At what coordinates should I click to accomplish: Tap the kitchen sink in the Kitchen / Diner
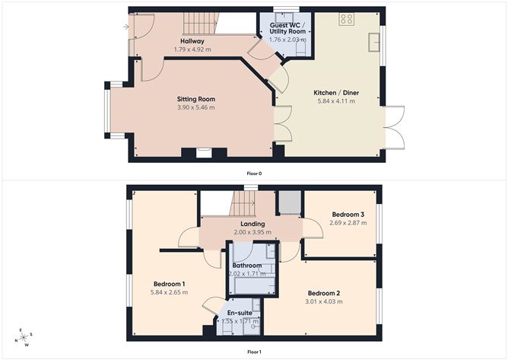coord(374,41)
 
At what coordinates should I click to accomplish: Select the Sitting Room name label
coord(196,99)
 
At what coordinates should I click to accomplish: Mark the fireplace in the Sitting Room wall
coord(203,153)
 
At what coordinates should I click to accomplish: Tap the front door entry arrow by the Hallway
coord(124,27)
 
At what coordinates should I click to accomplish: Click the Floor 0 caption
coord(254,174)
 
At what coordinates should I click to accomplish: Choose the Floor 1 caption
coord(254,352)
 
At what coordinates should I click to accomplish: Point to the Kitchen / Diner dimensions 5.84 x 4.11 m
coord(335,100)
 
